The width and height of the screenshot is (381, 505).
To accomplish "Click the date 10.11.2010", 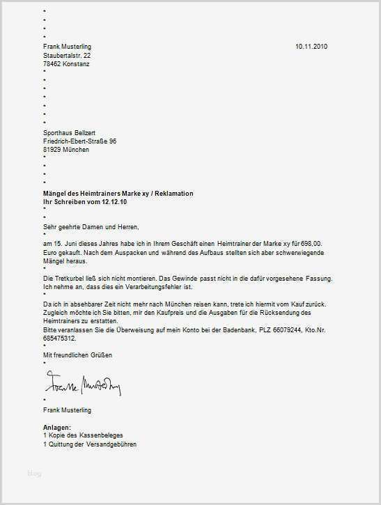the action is coord(311,46).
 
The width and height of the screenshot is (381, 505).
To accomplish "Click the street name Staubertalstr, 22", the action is coord(65,54).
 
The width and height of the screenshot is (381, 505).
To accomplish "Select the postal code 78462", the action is coord(53,63).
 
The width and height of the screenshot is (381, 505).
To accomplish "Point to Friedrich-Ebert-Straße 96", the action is coord(79,140).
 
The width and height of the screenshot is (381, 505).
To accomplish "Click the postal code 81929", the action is coord(53,148).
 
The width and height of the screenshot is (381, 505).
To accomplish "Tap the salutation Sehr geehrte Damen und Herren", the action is coord(91,226).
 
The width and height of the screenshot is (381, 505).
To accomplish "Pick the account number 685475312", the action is coord(60,337).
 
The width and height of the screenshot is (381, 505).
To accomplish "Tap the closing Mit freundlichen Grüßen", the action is coord(77,355).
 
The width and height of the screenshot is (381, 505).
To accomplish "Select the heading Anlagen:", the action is coord(57,427).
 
